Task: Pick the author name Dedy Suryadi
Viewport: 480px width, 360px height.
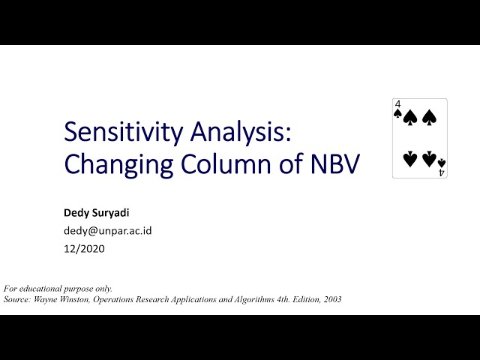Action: tap(97, 213)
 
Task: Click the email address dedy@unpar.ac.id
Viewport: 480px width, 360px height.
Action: tap(108, 231)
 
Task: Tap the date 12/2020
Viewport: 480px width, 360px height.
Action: tap(85, 249)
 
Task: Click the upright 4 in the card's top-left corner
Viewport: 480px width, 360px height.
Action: tap(397, 104)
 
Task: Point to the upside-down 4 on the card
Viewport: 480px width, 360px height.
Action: tap(442, 172)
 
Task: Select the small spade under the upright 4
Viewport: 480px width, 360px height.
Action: tap(397, 114)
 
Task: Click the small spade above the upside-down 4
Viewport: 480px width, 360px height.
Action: tap(442, 163)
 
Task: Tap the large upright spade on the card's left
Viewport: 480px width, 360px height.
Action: tap(410, 118)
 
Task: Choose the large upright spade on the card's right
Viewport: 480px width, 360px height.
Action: tap(429, 118)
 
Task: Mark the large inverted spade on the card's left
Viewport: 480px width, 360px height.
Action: tap(410, 159)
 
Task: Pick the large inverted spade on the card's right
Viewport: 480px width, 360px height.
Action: tap(429, 159)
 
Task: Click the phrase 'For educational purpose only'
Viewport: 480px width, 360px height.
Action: tap(58, 289)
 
